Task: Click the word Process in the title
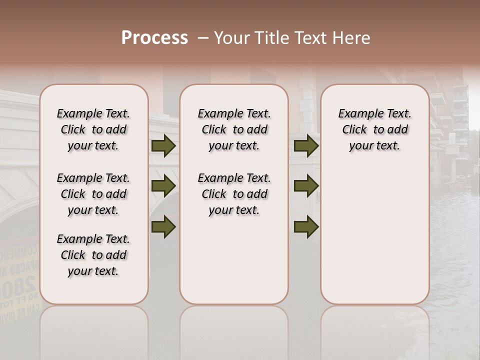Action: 154,38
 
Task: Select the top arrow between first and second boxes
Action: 163,146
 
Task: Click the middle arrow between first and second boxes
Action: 163,186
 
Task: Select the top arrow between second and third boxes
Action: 306,146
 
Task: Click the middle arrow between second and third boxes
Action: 306,186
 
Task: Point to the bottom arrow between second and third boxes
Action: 306,226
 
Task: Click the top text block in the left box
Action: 93,129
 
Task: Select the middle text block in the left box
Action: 93,194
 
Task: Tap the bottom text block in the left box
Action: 93,255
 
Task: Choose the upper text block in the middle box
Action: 234,129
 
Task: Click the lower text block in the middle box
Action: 234,194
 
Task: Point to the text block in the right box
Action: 374,129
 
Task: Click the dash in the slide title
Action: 203,38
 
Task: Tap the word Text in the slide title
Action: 310,38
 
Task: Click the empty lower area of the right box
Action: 374,235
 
